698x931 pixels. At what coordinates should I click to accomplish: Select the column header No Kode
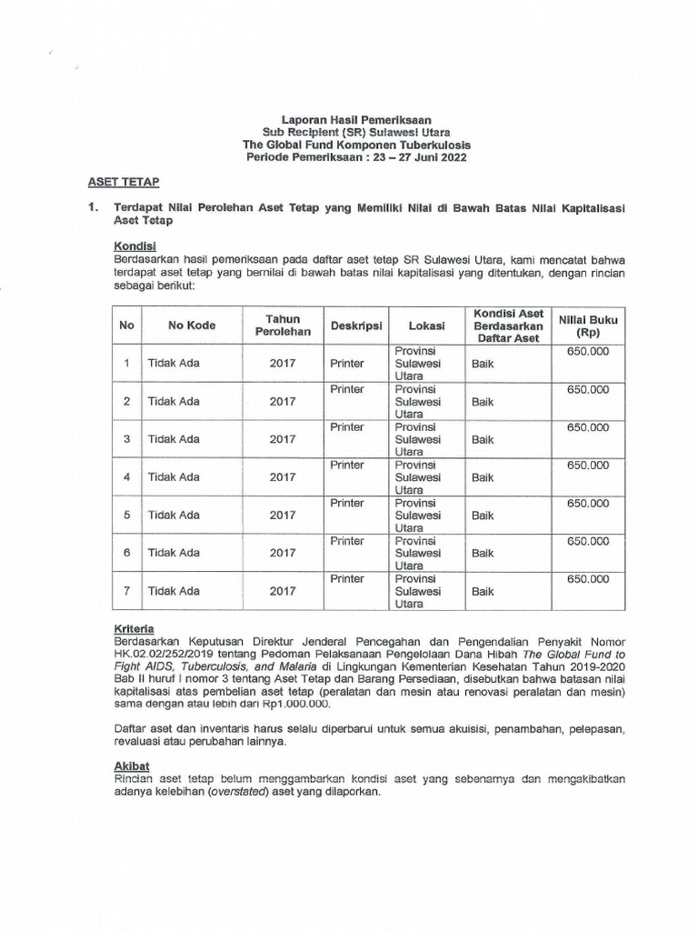(x=191, y=325)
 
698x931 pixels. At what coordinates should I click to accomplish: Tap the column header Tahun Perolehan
(x=283, y=325)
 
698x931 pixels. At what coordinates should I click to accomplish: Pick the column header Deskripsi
(x=355, y=325)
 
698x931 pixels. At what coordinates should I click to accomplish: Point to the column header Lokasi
(x=426, y=325)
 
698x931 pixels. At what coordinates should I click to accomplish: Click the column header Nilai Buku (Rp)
(x=587, y=325)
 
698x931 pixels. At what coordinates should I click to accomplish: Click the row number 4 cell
(x=127, y=476)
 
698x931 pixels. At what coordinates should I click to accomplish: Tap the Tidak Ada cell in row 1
(x=174, y=364)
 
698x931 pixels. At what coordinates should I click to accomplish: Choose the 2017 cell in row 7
(x=283, y=591)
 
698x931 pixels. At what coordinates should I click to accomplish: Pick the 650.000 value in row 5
(x=587, y=503)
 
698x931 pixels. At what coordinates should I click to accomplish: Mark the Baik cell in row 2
(x=483, y=401)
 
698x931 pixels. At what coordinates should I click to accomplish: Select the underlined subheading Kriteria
(x=134, y=628)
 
